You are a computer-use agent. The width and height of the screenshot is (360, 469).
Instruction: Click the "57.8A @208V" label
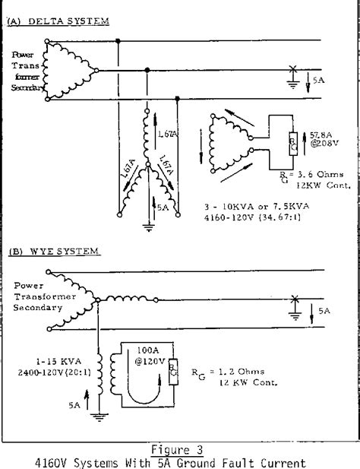pyautogui.click(x=314, y=139)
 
